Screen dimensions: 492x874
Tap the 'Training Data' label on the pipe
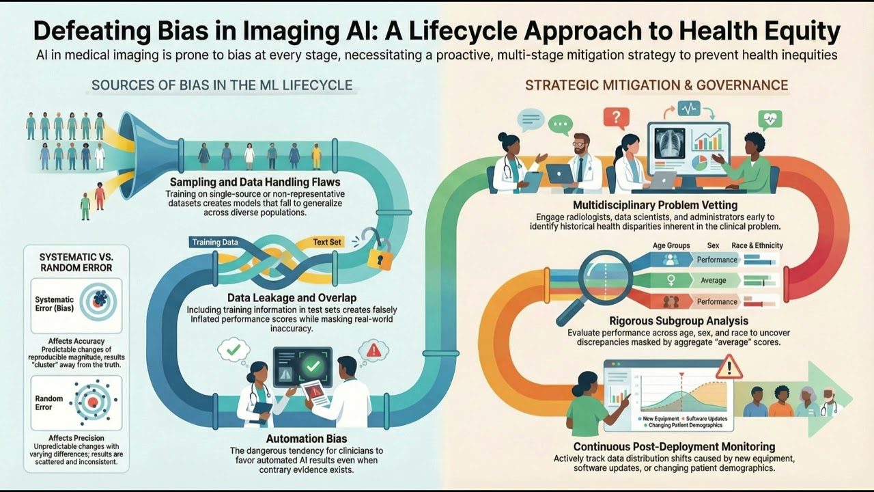pos(215,242)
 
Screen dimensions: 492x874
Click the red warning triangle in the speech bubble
pos(373,351)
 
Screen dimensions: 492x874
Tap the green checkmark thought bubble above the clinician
pos(234,348)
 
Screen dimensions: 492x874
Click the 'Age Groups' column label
pos(671,245)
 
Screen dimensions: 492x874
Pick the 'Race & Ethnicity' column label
pos(757,245)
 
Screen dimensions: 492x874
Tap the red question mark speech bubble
pos(615,117)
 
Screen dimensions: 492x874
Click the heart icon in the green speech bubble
pos(770,120)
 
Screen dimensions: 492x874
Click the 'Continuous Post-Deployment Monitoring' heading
pos(664,446)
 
